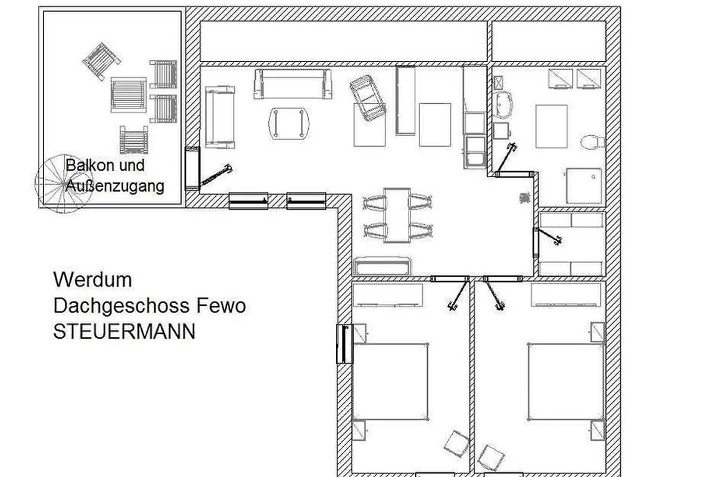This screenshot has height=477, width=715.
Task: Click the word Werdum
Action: (x=92, y=280)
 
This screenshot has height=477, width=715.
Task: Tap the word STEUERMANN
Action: (x=124, y=332)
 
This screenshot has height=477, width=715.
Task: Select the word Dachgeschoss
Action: (x=122, y=306)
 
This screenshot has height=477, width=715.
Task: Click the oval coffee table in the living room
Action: (x=289, y=123)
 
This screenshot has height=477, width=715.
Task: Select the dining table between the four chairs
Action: (x=397, y=215)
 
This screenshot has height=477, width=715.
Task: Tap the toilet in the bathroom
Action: (x=593, y=142)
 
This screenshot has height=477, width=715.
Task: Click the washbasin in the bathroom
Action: (x=503, y=104)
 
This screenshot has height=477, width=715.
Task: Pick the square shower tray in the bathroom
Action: (x=584, y=186)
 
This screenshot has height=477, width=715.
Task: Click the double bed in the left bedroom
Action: (x=390, y=382)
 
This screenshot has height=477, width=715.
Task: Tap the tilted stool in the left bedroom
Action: (x=457, y=444)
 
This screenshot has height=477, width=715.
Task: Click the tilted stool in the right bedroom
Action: (x=490, y=457)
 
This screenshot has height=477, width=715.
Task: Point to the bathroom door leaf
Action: (x=506, y=159)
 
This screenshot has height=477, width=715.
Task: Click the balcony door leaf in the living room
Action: (x=216, y=176)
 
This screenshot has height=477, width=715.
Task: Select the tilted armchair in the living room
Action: (x=368, y=98)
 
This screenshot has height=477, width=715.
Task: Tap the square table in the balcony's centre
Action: (x=129, y=95)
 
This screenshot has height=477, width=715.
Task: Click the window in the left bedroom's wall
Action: (x=345, y=344)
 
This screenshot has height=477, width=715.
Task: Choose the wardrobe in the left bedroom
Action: (x=388, y=295)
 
